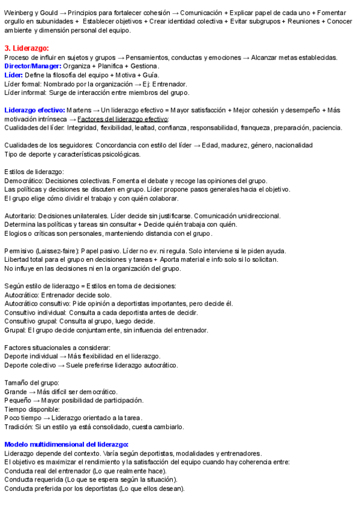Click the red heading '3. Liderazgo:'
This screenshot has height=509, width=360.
point(26,47)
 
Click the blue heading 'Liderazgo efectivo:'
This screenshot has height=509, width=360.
point(34,110)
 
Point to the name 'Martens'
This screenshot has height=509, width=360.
point(78,110)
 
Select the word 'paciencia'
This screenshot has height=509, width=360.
point(326,127)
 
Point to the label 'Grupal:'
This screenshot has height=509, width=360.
point(15,330)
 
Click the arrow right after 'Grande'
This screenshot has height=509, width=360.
point(32,391)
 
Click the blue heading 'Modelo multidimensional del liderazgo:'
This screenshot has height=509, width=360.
point(66,444)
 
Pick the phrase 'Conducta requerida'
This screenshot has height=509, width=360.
point(34,480)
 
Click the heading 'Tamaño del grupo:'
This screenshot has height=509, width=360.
point(31,382)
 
